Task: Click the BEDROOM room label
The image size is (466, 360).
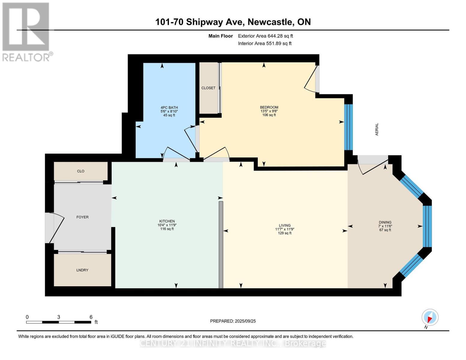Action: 269,107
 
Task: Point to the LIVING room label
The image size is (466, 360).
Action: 284,225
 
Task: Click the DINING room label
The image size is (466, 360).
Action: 385,222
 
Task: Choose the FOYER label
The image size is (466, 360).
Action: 83,217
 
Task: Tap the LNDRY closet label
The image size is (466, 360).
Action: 82,270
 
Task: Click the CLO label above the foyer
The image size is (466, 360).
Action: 81,171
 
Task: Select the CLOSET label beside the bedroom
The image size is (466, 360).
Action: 208,88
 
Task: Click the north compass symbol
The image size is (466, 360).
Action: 430,317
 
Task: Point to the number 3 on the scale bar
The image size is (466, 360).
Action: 59,317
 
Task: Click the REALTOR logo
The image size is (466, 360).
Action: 26,31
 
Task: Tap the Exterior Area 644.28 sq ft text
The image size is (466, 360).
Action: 265,36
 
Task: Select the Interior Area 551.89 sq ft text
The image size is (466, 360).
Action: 265,43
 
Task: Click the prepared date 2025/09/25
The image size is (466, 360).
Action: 245,321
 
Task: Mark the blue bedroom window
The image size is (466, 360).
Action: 348,127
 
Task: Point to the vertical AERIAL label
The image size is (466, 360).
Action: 377,129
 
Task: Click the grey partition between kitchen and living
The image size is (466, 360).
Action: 221,244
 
